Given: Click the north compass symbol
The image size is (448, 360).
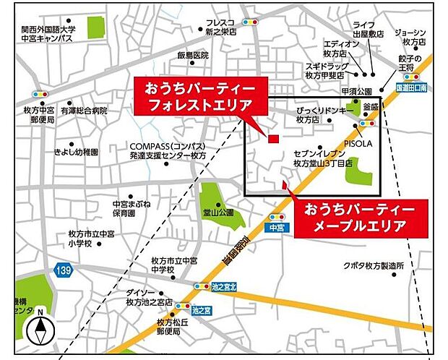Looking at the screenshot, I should pyautogui.click(x=40, y=330).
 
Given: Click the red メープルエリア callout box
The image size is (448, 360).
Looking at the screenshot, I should pyautogui.click(x=358, y=216).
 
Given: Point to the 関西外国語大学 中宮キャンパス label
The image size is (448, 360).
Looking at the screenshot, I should pyautogui.click(x=48, y=35).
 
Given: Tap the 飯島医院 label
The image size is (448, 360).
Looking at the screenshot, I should pyautogui.click(x=192, y=55).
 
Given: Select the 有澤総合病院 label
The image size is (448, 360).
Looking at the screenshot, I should pyautogui.click(x=84, y=111).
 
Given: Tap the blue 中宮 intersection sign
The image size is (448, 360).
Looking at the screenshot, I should pyautogui.click(x=274, y=227).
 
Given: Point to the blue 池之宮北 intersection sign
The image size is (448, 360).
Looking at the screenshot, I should pyautogui.click(x=224, y=287).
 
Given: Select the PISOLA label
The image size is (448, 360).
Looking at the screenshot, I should pyautogui.click(x=358, y=143).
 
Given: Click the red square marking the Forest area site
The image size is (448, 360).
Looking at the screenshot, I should pyautogui.click(x=273, y=139).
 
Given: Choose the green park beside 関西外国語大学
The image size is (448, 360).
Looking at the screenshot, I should pyautogui.click(x=95, y=27).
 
